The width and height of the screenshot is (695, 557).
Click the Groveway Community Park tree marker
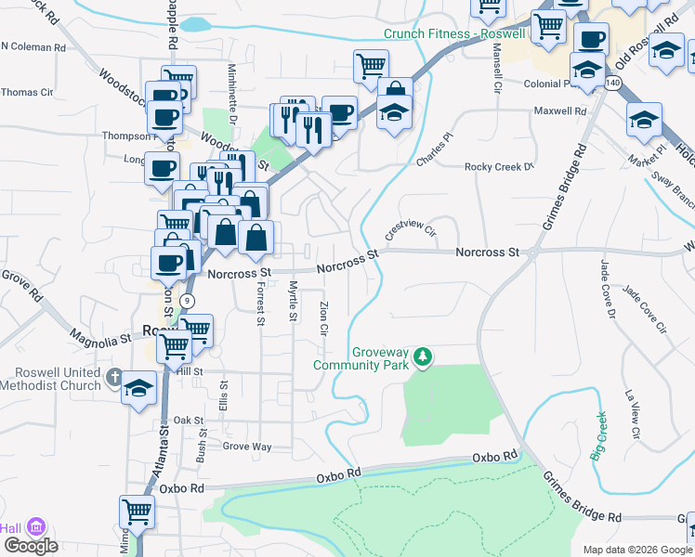423,357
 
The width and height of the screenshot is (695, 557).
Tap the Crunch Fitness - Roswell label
455,34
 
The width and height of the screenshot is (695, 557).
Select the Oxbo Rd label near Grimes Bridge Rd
494,457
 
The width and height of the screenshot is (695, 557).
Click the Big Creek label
600,435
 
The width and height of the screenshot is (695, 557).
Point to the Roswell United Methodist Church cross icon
113,378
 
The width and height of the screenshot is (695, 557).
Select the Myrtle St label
293,301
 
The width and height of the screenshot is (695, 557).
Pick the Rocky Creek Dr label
500,167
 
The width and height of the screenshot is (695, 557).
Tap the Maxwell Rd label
560,111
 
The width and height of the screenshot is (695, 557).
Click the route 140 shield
611,83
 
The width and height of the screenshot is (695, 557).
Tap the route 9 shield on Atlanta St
188,300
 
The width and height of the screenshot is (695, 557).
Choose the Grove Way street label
247,447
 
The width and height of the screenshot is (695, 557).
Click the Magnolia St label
98,339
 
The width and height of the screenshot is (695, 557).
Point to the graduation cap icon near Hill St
138,388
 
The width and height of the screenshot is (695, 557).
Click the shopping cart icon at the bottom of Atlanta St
137,512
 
